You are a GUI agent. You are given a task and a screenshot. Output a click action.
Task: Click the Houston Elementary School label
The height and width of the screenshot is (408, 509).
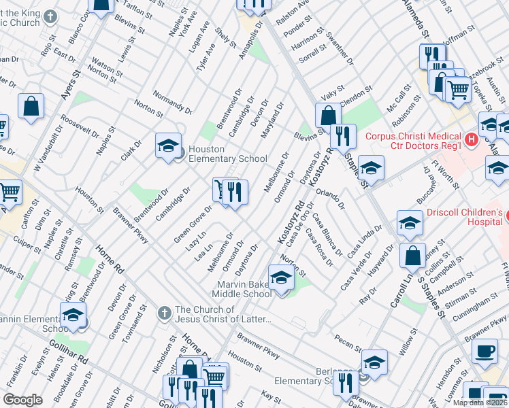227,154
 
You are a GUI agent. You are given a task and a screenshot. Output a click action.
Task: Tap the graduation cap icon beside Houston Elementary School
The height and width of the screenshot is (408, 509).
168,146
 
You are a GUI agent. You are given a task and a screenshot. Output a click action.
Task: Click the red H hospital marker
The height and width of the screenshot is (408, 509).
470,140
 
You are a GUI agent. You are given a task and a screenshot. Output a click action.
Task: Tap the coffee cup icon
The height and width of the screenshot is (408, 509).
485,351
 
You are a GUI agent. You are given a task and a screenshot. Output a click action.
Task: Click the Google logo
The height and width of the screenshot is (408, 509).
22,400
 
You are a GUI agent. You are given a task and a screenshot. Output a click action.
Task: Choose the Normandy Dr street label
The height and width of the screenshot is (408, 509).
172,101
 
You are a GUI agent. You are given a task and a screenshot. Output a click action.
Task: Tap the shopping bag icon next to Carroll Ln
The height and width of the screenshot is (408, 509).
413,256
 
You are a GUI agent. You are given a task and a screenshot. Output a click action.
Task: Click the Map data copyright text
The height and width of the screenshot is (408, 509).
480,403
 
